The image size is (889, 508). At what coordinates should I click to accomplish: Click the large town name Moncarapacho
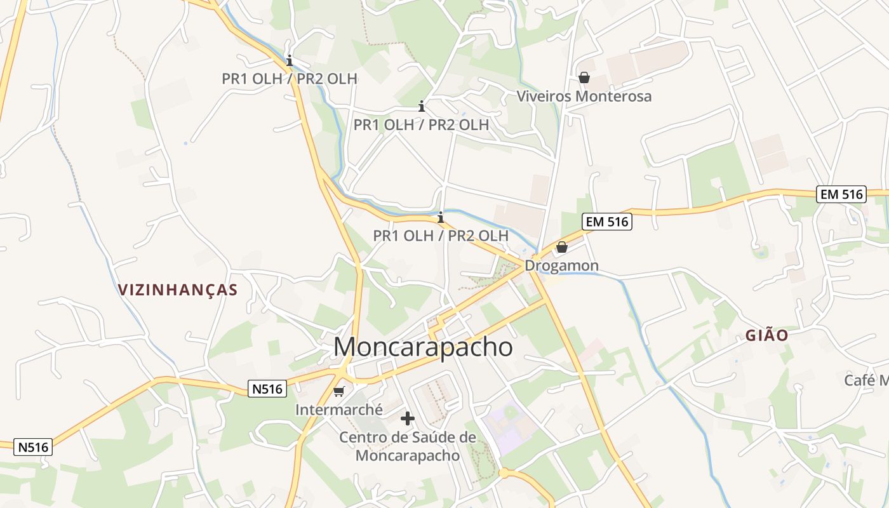(x=423, y=347)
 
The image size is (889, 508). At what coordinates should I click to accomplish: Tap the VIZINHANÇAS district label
(x=178, y=290)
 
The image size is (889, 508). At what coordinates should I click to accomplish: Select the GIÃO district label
(x=767, y=335)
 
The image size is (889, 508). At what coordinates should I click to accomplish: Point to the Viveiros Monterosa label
(x=584, y=97)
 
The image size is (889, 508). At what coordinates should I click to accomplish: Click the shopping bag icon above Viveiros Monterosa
(x=584, y=77)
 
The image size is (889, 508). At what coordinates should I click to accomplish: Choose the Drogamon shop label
(x=561, y=265)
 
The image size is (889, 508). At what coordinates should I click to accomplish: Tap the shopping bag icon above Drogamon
(x=562, y=247)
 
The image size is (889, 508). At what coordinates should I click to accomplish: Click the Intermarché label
(x=338, y=410)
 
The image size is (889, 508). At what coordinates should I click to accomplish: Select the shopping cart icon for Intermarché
(x=339, y=391)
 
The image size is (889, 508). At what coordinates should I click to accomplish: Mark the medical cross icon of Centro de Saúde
(x=408, y=418)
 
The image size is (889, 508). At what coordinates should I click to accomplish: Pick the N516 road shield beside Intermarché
(x=267, y=389)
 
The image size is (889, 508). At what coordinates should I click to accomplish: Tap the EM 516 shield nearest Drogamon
(x=606, y=222)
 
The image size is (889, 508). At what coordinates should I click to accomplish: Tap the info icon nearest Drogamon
(x=441, y=218)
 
